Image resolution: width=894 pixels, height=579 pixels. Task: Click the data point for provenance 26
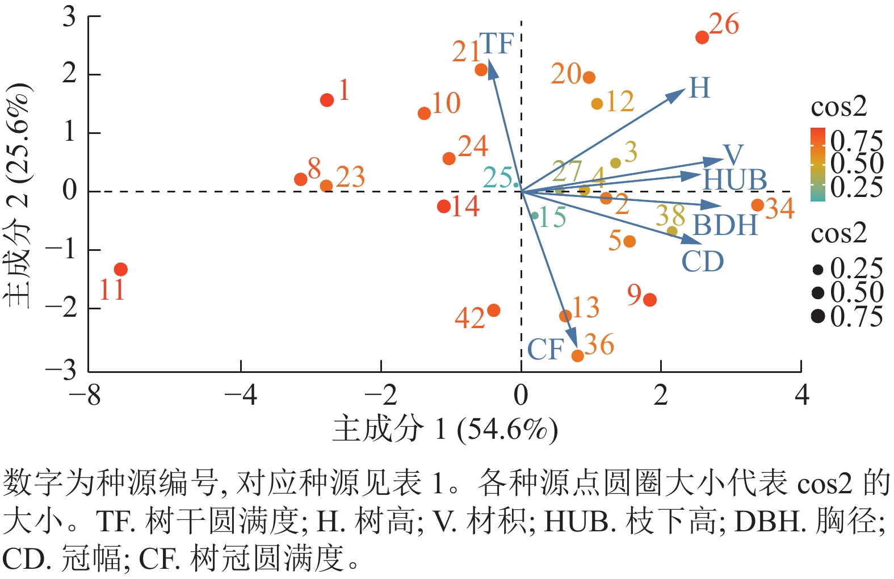(702, 37)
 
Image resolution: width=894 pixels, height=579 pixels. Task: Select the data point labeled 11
(120, 269)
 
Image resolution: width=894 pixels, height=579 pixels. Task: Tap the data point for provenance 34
(757, 205)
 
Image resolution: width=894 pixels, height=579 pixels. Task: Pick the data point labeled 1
(327, 100)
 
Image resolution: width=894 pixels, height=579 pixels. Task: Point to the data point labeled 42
(493, 311)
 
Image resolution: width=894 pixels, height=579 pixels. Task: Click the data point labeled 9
(650, 300)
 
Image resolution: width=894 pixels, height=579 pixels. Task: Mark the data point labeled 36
(577, 356)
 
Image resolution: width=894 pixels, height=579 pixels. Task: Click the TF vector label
(496, 44)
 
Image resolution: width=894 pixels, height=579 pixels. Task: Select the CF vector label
(545, 349)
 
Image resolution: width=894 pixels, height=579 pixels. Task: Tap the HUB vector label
(734, 180)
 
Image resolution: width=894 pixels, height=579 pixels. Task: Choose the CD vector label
(702, 262)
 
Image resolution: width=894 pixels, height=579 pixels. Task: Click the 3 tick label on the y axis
(69, 17)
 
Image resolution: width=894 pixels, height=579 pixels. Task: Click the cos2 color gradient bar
(817, 165)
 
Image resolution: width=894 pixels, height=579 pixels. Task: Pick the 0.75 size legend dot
(818, 316)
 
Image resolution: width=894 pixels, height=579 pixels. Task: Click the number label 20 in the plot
(566, 74)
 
